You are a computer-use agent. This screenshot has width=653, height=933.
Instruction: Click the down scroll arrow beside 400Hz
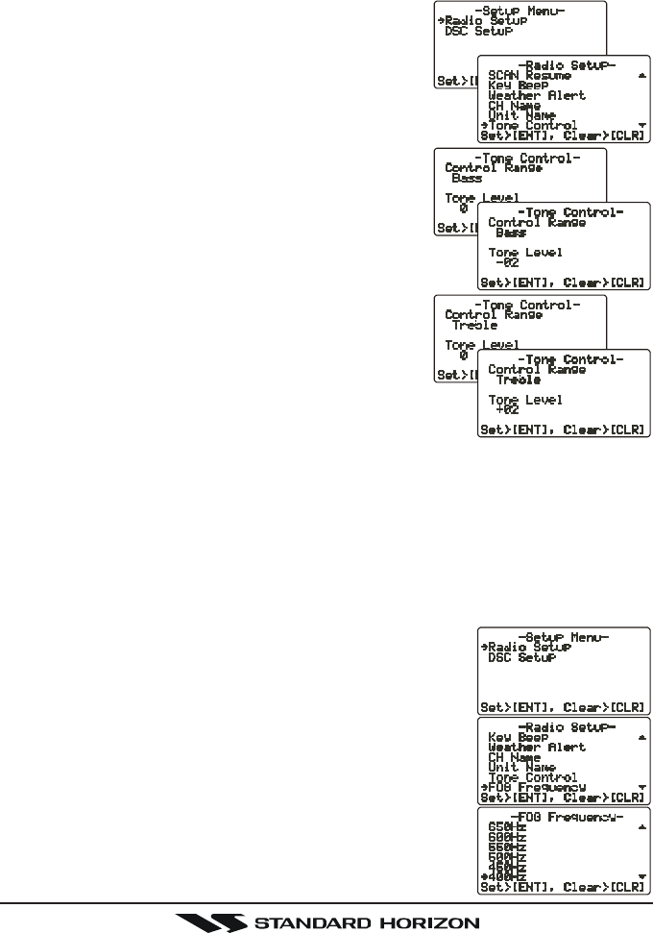tap(641, 876)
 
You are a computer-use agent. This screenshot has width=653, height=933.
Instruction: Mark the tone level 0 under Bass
tap(463, 208)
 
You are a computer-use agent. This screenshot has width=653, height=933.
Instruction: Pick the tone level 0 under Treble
tap(463, 355)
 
